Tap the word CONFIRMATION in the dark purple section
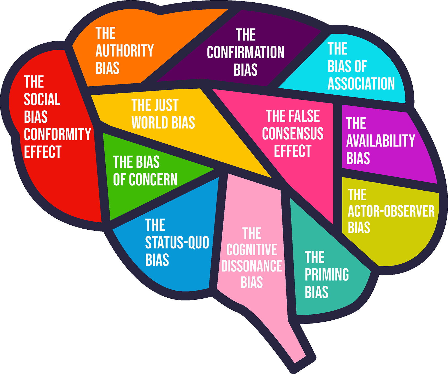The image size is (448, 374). coord(245,52)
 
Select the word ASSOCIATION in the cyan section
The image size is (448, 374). coord(361,84)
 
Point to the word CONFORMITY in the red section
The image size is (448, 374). coord(57,134)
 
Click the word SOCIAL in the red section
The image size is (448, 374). coord(42,99)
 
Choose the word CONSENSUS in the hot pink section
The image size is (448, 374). coord(293,133)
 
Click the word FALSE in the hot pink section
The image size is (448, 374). coord(306,116)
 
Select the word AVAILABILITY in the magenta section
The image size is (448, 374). coord(381,141)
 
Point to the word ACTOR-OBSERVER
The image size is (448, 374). coord(391,211)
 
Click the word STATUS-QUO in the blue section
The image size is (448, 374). coord(177,242)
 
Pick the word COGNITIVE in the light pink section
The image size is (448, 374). coord(252,250)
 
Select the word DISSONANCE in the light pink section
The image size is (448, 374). coord(252,266)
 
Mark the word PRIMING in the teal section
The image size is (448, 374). coord(327,275)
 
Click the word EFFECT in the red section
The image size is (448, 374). coord(43,152)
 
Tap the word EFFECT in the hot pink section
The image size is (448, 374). coord(293,151)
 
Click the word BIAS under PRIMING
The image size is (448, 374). coord(316,292)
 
